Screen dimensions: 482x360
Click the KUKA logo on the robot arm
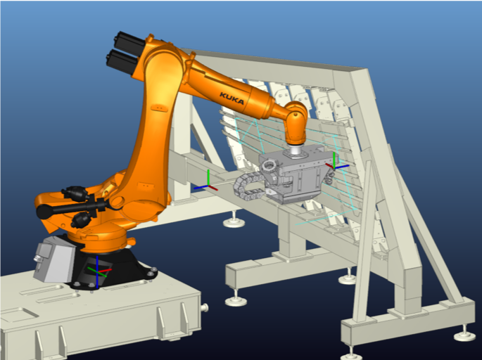point(232,98)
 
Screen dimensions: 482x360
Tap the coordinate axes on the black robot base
point(98,272)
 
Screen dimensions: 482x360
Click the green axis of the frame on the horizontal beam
point(208,178)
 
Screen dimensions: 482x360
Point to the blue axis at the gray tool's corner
point(342,167)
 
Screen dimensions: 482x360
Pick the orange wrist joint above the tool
point(295,123)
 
